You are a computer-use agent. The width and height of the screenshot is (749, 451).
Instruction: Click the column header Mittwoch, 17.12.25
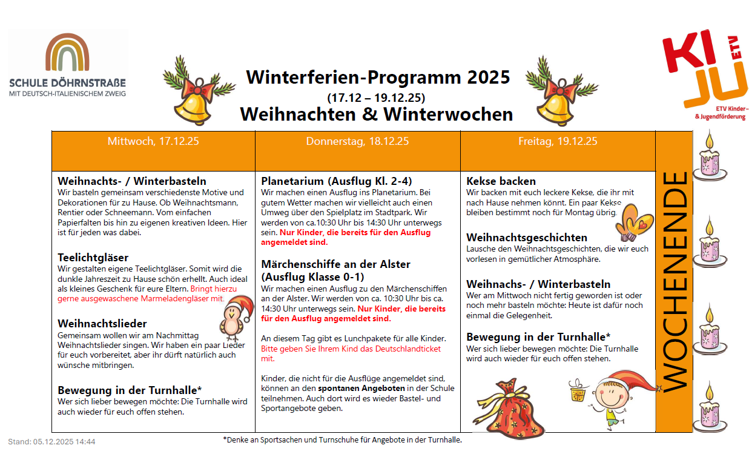pos(153,142)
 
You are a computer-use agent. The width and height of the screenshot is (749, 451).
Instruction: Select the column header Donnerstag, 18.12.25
pos(357,142)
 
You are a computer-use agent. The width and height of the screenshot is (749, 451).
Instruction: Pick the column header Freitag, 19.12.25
pos(558,142)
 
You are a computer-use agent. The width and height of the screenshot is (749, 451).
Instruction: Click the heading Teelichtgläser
pos(93,258)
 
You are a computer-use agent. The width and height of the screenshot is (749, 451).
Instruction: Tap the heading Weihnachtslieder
pos(102,324)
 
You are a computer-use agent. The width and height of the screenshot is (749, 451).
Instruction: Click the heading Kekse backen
pos(501,181)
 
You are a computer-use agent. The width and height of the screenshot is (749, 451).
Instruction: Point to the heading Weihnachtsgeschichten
pos(527,238)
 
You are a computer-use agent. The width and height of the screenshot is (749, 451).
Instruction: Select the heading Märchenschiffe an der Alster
pos(335,264)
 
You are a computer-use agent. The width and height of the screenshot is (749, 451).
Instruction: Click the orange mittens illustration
pos(635,220)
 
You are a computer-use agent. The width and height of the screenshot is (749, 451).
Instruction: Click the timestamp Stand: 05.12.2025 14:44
pos(51,442)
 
